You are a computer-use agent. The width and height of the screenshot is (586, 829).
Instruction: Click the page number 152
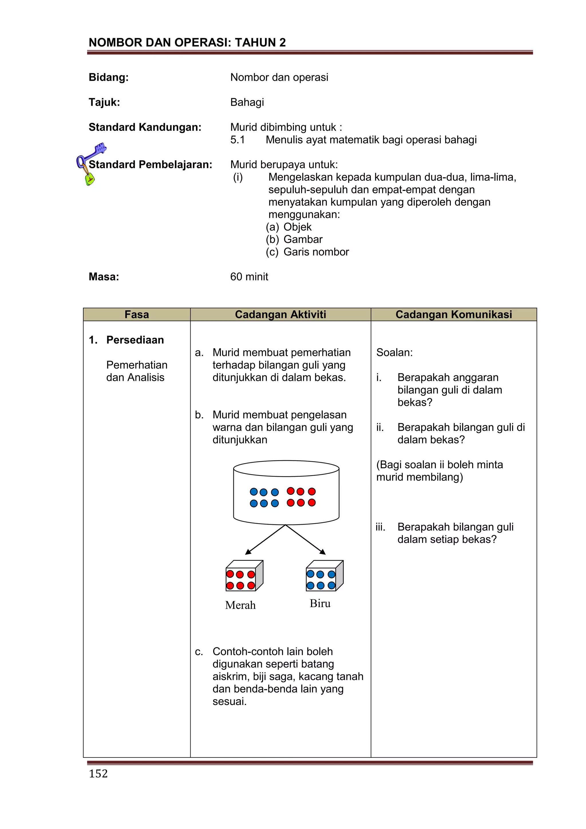click(98, 774)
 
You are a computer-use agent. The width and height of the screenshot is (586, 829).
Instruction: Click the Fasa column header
click(136, 314)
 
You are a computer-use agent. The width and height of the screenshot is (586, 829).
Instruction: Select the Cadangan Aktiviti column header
click(280, 314)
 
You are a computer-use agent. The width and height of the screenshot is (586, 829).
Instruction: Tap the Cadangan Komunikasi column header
click(454, 314)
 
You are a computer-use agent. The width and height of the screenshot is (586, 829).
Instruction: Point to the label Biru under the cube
click(320, 604)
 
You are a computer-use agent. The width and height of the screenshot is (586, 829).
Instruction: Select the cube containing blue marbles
click(324, 576)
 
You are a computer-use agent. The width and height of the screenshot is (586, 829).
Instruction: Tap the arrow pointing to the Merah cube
click(265, 539)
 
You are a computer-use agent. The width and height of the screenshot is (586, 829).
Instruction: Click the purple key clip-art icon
click(91, 162)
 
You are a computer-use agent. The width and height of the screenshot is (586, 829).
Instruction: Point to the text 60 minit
click(249, 277)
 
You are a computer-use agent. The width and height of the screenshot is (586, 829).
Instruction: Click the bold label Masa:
click(104, 277)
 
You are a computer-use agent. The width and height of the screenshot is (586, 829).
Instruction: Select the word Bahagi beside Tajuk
click(247, 103)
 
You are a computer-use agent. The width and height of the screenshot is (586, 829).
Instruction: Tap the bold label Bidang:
click(109, 78)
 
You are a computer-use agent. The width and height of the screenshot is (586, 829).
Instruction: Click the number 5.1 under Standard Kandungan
click(237, 140)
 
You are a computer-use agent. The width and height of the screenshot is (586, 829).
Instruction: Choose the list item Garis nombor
click(316, 252)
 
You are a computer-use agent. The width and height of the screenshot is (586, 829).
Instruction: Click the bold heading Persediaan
click(135, 340)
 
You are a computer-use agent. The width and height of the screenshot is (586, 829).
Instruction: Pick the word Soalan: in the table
click(394, 353)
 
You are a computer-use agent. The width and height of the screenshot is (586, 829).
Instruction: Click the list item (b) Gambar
click(303, 239)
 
